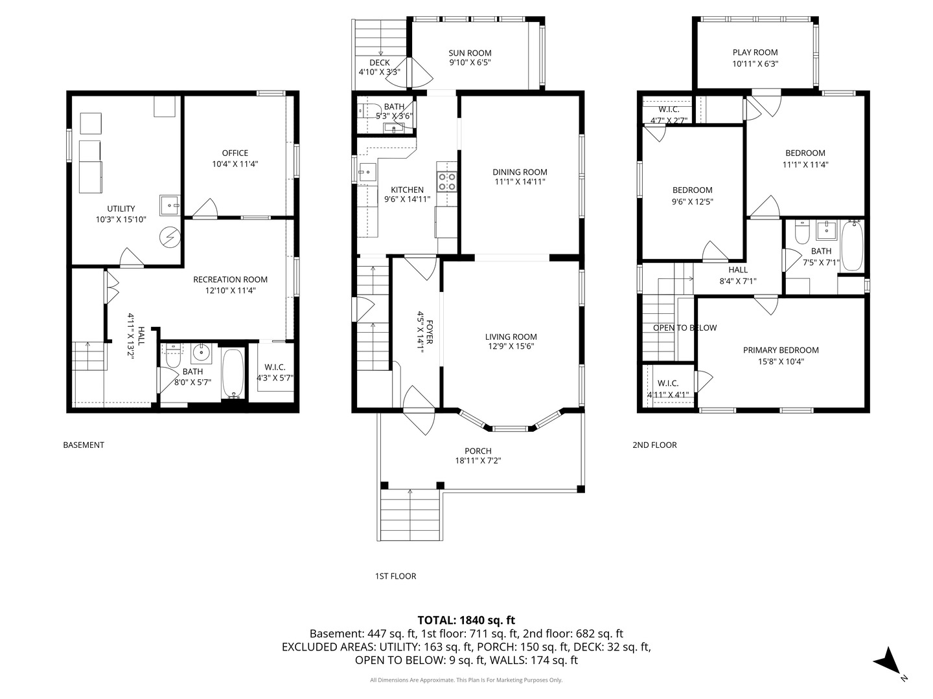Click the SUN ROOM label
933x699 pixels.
pyautogui.click(x=470, y=53)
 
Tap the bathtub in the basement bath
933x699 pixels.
pyautogui.click(x=233, y=373)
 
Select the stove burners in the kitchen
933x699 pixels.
pyautogui.click(x=447, y=182)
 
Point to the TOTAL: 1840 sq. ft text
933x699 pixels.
pyautogui.click(x=466, y=620)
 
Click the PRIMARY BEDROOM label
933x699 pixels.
pyautogui.click(x=780, y=350)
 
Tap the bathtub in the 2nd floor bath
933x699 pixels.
pyautogui.click(x=852, y=245)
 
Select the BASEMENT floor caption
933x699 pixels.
pyautogui.click(x=84, y=445)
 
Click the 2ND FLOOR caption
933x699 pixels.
pyautogui.click(x=654, y=445)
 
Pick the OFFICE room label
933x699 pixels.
pyautogui.click(x=235, y=153)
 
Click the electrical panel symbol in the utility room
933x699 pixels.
pyautogui.click(x=170, y=237)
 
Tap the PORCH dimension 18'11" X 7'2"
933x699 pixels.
pyautogui.click(x=478, y=460)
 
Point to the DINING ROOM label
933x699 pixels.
pyautogui.click(x=520, y=172)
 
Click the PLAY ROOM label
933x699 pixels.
pyautogui.click(x=755, y=52)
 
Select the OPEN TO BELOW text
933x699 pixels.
pyautogui.click(x=685, y=327)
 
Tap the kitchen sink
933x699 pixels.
pyautogui.click(x=367, y=172)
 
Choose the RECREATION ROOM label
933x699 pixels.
pyautogui.click(x=231, y=279)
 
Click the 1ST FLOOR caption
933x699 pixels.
pyautogui.click(x=395, y=576)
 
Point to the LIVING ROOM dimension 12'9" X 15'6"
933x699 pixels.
pyautogui.click(x=511, y=346)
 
